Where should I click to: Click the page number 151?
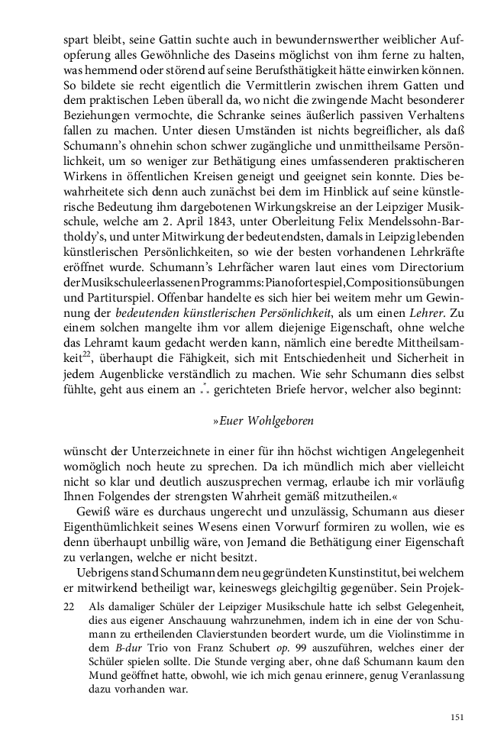coord(457,717)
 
